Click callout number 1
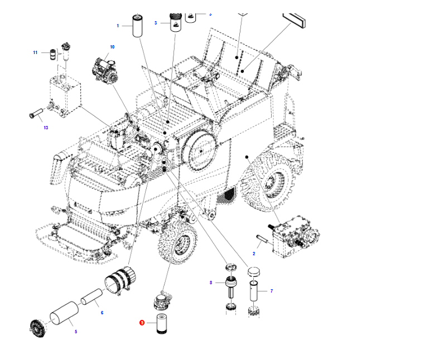tap(118, 26)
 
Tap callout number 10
tap(112, 47)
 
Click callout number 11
tap(35, 52)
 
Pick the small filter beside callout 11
tap(54, 55)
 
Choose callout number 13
tap(46, 128)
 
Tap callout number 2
tap(254, 254)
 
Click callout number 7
tap(271, 291)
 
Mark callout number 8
tap(211, 283)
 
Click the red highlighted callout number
tap(142, 322)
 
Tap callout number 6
tap(102, 313)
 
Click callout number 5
tap(76, 332)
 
